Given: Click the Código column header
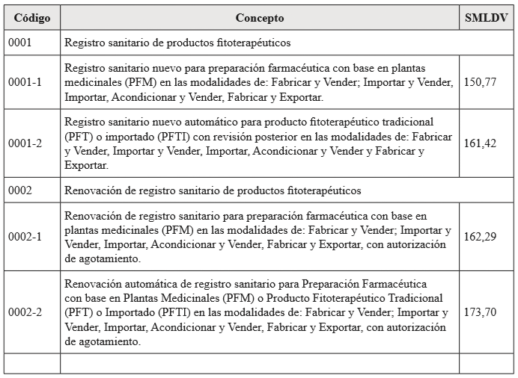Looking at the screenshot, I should (x=31, y=17).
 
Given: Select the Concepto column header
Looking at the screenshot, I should (x=260, y=17).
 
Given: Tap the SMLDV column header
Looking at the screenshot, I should (x=485, y=17).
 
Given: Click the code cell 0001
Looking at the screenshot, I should (x=20, y=43).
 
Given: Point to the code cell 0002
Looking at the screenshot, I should (x=20, y=190).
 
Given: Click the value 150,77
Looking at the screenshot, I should (x=480, y=82).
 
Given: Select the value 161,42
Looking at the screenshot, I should (x=480, y=143).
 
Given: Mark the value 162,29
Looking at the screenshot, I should (x=480, y=237).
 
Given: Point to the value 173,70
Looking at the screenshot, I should (x=480, y=312).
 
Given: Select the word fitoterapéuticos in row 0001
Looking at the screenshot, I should (x=252, y=43).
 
